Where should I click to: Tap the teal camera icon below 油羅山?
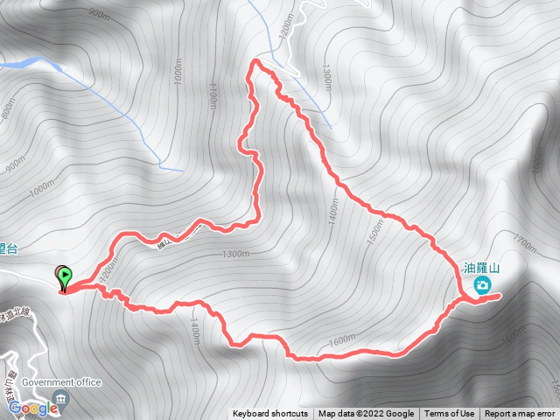pyautogui.click(x=481, y=285)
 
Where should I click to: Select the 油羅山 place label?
pyautogui.click(x=481, y=269)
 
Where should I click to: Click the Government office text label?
pyautogui.click(x=61, y=382)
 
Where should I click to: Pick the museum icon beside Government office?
pyautogui.click(x=59, y=399)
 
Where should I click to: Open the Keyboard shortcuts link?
pyautogui.click(x=270, y=414)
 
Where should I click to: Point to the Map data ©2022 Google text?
pyautogui.click(x=366, y=414)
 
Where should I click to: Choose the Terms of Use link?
pyautogui.click(x=449, y=414)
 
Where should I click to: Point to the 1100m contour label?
pyautogui.click(x=213, y=95)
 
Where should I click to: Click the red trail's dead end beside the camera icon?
pyautogui.click(x=499, y=297)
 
